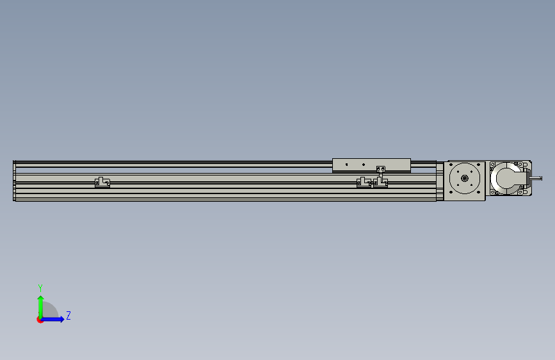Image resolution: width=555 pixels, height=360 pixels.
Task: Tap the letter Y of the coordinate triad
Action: [x=40, y=288]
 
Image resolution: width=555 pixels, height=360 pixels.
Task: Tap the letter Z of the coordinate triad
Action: [x=68, y=316]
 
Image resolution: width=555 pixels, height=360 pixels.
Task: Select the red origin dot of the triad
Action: [x=40, y=320]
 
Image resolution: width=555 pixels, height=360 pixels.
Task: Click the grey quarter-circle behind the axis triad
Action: [x=49, y=312]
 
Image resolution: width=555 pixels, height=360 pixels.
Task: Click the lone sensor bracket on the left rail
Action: [x=102, y=183]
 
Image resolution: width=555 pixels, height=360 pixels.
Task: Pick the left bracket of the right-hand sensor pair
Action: [x=364, y=183]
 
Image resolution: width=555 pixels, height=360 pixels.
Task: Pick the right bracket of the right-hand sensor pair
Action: [x=380, y=183]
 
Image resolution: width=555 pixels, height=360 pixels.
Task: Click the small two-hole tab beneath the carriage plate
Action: [x=382, y=169]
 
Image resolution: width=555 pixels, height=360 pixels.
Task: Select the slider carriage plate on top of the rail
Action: [x=371, y=165]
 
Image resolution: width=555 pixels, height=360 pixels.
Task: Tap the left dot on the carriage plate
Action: [x=346, y=164]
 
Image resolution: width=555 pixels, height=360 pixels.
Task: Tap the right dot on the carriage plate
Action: [x=364, y=164]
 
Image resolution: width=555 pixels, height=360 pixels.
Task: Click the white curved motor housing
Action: [x=506, y=179]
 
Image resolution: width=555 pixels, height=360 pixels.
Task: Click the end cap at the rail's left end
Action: [x=14, y=181]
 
